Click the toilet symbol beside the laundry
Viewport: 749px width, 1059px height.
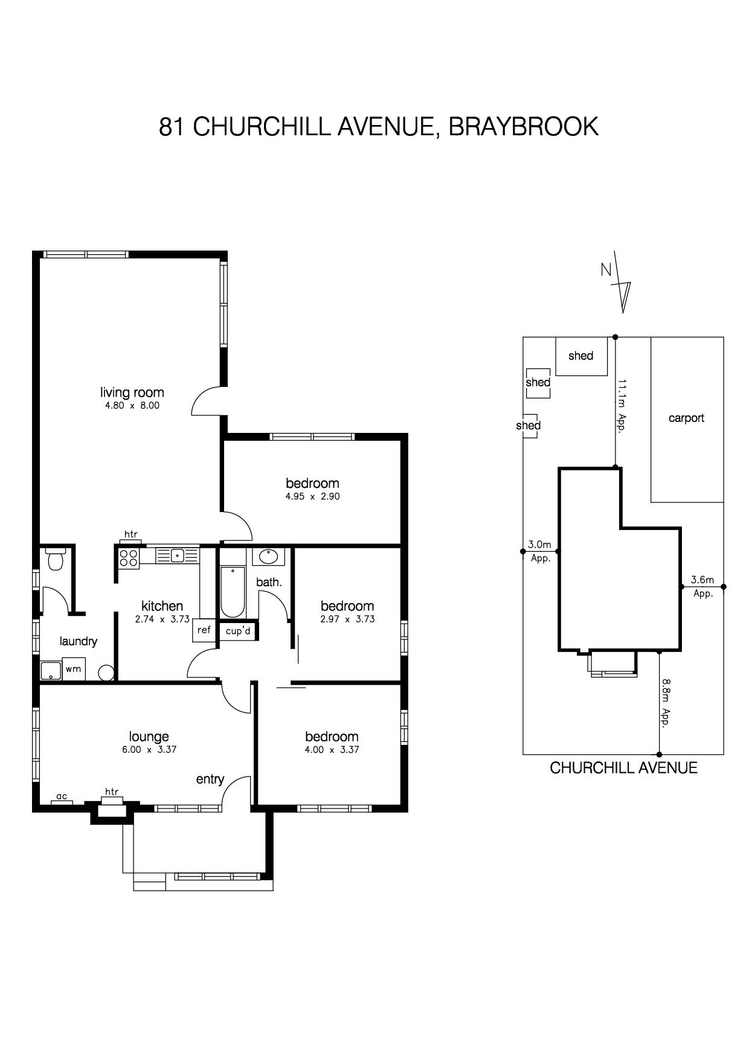tap(55, 560)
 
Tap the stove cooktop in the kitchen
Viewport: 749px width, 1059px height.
tap(129, 558)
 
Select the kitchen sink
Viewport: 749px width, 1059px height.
tap(177, 555)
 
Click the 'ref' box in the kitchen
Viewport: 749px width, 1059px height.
tap(204, 630)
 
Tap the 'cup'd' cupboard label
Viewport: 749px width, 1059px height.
tap(238, 631)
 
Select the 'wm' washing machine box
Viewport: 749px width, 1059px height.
tap(73, 669)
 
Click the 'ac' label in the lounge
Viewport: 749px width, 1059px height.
tap(62, 796)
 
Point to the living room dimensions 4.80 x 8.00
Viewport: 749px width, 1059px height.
tap(132, 406)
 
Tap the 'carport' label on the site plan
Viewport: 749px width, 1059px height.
tap(686, 418)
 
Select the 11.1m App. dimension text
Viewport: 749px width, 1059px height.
tap(621, 404)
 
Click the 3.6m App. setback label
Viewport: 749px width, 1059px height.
tap(703, 586)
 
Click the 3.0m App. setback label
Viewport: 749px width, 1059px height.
tap(540, 551)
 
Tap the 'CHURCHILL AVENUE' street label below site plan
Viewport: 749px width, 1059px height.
tap(623, 768)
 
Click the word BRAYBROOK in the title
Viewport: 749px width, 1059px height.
tap(523, 127)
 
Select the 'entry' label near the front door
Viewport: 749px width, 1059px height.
tap(210, 779)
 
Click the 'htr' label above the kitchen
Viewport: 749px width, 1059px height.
tap(130, 534)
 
